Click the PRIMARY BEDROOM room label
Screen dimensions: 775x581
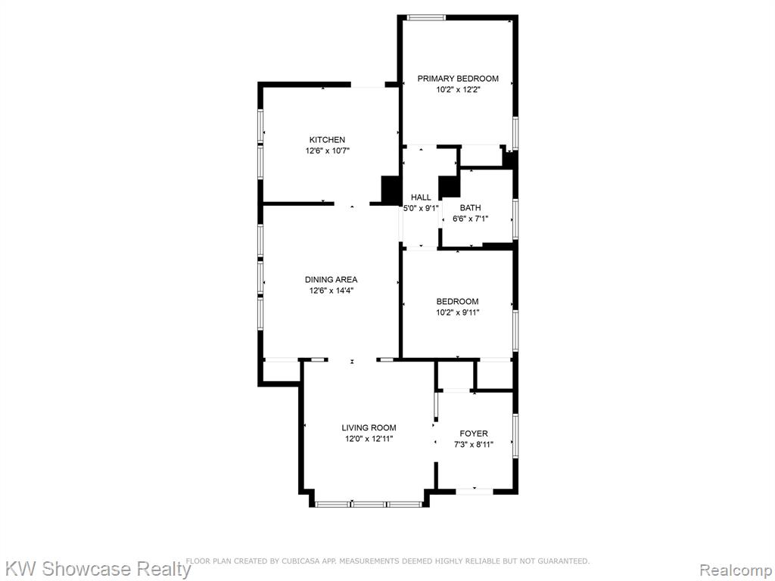coord(458,79)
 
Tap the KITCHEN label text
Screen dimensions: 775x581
coord(327,140)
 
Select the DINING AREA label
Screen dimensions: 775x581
coord(331,280)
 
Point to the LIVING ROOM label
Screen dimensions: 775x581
coord(369,428)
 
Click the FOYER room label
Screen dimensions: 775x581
coord(474,433)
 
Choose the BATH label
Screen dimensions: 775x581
coord(470,208)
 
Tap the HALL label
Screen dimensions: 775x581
coord(421,197)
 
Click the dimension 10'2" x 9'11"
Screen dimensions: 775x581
coord(458,312)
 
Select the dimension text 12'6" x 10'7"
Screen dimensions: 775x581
coord(327,151)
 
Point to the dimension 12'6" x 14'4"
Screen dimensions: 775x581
coord(331,290)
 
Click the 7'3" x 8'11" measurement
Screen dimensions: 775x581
coord(474,444)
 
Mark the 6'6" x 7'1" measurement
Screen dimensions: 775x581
coord(470,219)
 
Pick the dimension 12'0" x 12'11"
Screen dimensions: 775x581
coord(369,439)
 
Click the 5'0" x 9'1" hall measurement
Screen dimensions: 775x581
coord(421,209)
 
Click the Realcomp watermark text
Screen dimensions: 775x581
coord(736,570)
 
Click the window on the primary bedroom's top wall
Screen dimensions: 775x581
coord(425,18)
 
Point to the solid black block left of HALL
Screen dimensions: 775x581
coord(391,189)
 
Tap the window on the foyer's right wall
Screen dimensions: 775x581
coord(515,434)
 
